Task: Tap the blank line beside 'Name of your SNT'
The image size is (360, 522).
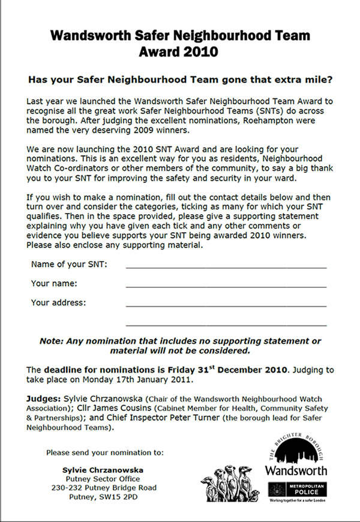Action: click(226, 265)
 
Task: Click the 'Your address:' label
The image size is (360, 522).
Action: click(58, 302)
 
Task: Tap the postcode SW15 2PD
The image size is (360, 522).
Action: click(122, 497)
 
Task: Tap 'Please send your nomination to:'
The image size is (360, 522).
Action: click(105, 452)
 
